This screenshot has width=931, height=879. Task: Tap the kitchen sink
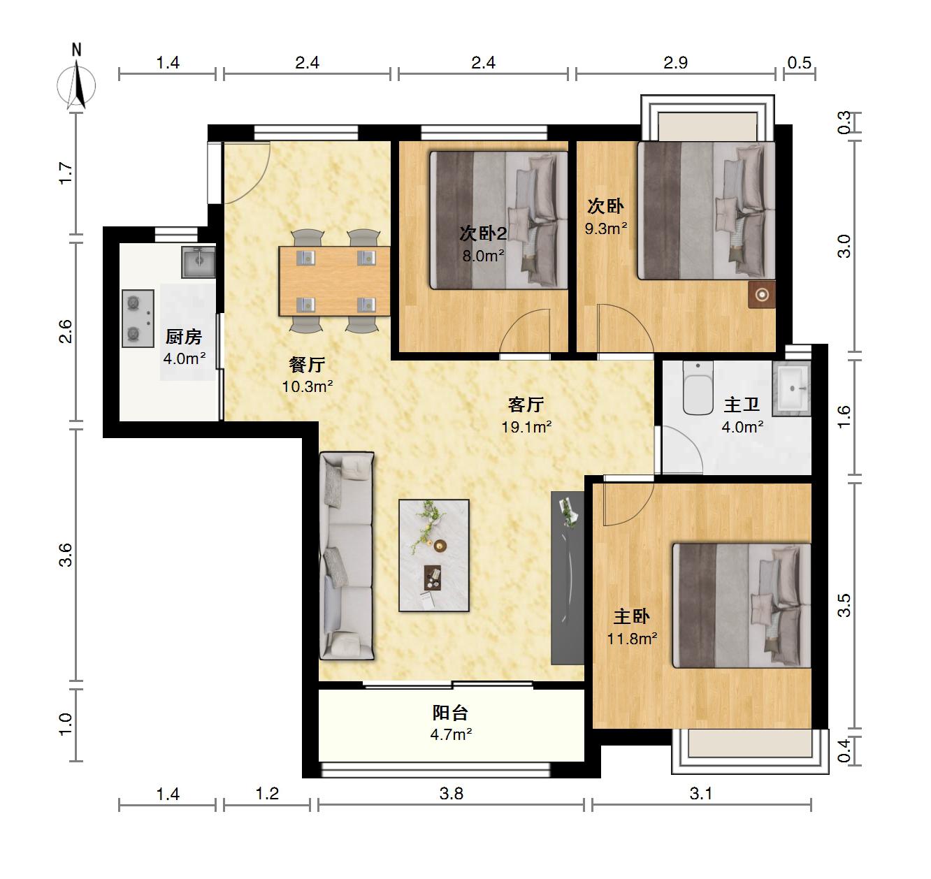199,262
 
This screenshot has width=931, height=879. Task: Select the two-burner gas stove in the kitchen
138,319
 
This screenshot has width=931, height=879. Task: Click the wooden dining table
334,281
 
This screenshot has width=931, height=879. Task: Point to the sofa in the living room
347,556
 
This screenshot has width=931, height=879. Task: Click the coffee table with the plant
433,555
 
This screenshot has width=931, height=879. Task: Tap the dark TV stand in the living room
568,578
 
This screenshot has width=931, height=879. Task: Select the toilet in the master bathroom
698,388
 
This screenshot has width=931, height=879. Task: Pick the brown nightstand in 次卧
762,295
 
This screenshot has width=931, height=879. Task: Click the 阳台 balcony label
450,713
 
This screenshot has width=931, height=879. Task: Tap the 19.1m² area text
526,427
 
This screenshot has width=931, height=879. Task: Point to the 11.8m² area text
632,639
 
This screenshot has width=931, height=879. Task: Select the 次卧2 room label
483,233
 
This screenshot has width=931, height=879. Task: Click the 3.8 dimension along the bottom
452,794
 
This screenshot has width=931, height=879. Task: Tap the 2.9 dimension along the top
675,62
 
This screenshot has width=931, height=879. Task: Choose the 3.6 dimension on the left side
66,555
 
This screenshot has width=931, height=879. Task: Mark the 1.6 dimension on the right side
844,416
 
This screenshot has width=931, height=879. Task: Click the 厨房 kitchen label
184,337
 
